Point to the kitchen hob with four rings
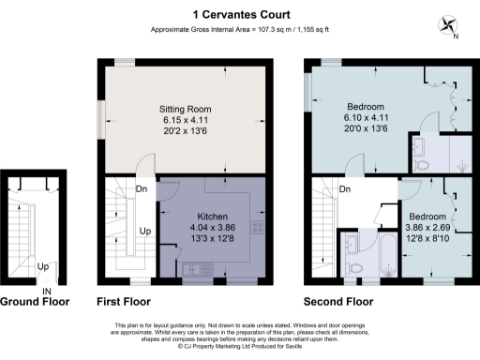(x=257, y=226)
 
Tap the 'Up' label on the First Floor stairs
(x=145, y=230)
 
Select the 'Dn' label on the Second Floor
(x=344, y=190)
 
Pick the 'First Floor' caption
(x=124, y=302)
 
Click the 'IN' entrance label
(x=46, y=291)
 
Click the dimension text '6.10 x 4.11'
(x=361, y=119)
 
